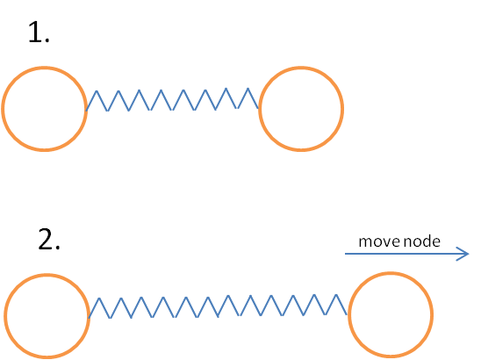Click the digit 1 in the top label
tap(34, 32)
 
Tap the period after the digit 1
tap(47, 40)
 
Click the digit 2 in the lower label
tap(46, 239)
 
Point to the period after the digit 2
tap(57, 247)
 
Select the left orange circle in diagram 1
tap(2, 109)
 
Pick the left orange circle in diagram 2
tap(4, 316)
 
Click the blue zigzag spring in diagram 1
tap(173, 99)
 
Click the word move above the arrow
tap(379, 241)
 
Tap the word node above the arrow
tap(422, 241)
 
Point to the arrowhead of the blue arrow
tap(469, 254)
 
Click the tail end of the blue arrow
tap(346, 254)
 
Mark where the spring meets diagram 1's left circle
tap(87, 110)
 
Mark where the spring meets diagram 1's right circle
tap(259, 108)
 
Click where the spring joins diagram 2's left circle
tap(89, 317)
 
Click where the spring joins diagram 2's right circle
tap(348, 314)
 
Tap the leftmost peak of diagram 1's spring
tap(97, 90)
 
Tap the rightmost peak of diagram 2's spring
tap(336, 295)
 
